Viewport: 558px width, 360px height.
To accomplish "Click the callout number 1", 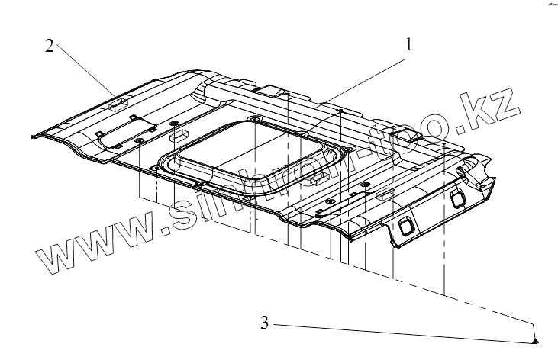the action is pyautogui.click(x=408, y=44).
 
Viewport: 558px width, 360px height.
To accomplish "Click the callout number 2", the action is pyautogui.click(x=49, y=47).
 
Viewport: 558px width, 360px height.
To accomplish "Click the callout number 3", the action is pyautogui.click(x=264, y=323).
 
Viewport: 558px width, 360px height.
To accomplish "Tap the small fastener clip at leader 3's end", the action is pyautogui.click(x=534, y=339).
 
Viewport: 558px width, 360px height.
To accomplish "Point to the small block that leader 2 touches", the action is pyautogui.click(x=118, y=100).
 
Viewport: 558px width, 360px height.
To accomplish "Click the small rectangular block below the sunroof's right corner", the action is pyautogui.click(x=320, y=178).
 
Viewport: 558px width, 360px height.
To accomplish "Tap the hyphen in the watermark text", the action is pyautogui.click(x=376, y=153).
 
